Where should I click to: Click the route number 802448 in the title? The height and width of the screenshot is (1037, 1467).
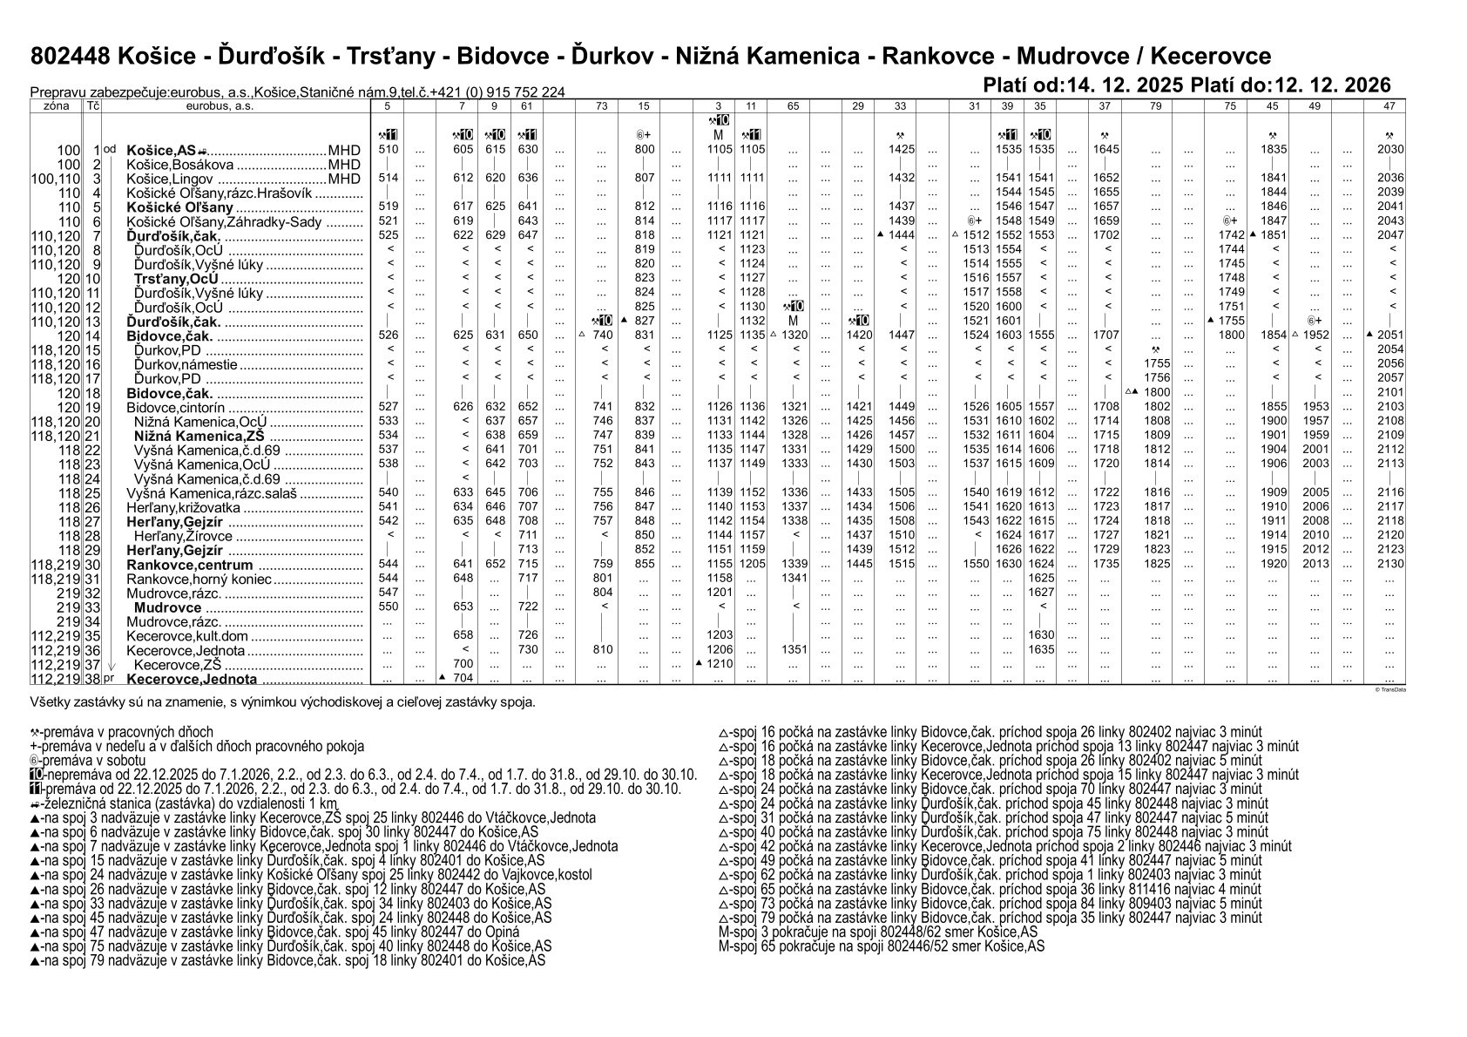tap(69, 57)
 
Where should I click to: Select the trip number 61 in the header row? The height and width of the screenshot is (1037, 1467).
tap(526, 106)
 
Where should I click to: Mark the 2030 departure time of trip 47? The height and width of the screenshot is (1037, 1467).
tap(1389, 150)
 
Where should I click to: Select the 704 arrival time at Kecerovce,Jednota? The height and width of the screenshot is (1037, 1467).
tap(463, 678)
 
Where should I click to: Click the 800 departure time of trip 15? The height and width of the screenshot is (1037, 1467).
tap(644, 150)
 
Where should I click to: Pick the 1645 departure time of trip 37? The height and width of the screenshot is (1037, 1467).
tap(1105, 150)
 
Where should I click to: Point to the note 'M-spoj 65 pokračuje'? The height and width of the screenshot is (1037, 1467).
tap(881, 946)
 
